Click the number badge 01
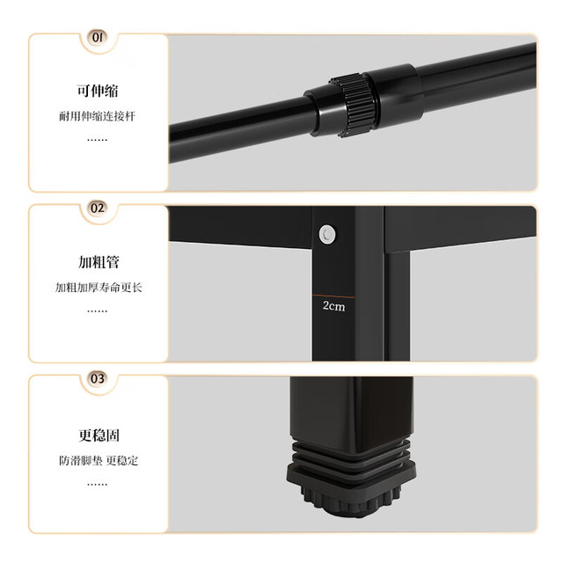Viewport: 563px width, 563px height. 98,37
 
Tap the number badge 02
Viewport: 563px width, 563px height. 98,208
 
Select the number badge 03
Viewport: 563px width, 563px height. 98,379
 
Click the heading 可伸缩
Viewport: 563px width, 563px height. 98,91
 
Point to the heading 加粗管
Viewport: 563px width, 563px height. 99,262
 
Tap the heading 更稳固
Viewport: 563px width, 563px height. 99,435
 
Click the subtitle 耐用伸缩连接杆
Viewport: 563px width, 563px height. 98,116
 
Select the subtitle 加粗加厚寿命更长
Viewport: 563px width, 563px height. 99,288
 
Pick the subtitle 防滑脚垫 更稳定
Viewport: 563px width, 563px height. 99,460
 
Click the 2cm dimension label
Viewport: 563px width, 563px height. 334,306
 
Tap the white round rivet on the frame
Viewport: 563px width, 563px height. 327,235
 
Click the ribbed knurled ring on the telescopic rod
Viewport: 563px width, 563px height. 354,106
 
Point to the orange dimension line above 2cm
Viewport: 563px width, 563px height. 333,296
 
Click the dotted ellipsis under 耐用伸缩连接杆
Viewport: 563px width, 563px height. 98,140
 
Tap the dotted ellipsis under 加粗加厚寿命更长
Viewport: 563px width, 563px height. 98,311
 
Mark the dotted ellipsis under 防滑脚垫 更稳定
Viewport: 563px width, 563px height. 98,485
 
